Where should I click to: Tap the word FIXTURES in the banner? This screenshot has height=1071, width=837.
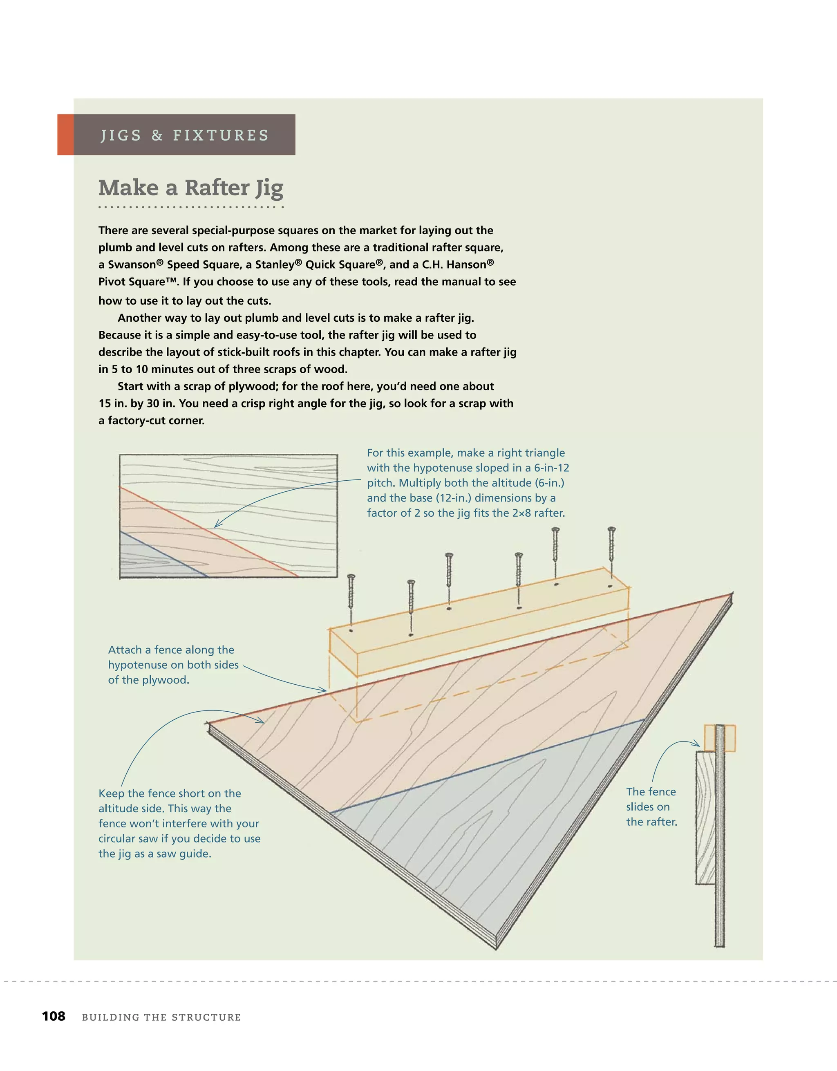point(221,135)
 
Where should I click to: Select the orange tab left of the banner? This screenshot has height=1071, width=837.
point(66,135)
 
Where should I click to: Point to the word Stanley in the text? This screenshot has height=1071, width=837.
point(275,265)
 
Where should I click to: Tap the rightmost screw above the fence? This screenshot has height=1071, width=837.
point(611,544)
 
